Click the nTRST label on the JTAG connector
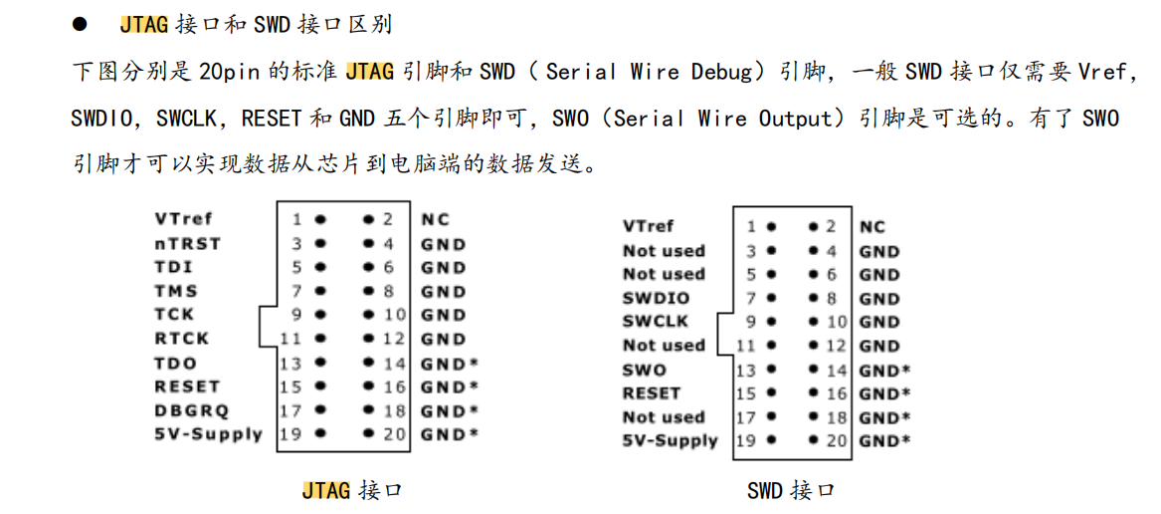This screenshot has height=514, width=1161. pyautogui.click(x=187, y=243)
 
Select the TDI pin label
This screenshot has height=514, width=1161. pyautogui.click(x=172, y=267)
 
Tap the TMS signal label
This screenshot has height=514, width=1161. pyautogui.click(x=176, y=291)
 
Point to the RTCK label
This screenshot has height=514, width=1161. pyautogui.click(x=181, y=339)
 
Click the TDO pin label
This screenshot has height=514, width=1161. pyautogui.click(x=175, y=363)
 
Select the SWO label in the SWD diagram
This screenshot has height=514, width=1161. pyautogui.click(x=645, y=370)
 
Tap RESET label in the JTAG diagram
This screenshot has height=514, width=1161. pyautogui.click(x=187, y=386)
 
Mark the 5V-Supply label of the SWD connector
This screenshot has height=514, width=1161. pyautogui.click(x=671, y=440)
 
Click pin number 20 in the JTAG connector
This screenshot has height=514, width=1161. pyautogui.click(x=396, y=434)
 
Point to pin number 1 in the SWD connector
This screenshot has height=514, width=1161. pyautogui.click(x=751, y=226)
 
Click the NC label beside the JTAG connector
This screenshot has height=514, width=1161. pyautogui.click(x=435, y=219)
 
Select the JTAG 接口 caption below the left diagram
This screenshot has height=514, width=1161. pyautogui.click(x=352, y=489)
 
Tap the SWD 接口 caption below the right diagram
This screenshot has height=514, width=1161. pyautogui.click(x=792, y=489)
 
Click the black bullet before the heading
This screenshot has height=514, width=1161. pyautogui.click(x=79, y=25)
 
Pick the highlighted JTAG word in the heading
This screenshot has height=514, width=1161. pyautogui.click(x=145, y=25)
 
